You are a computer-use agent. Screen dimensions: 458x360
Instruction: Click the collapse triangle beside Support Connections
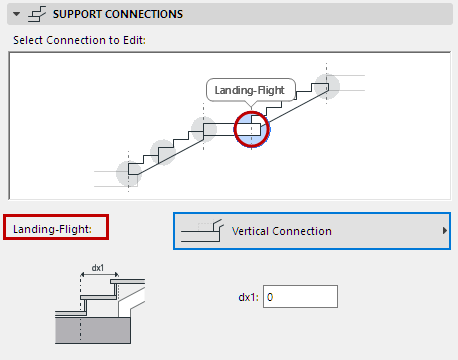click(16, 14)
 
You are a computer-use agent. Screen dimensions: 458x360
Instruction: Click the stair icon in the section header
click(37, 14)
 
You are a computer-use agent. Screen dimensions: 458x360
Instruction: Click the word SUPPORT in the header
click(77, 14)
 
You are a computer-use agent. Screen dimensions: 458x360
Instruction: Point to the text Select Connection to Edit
click(79, 40)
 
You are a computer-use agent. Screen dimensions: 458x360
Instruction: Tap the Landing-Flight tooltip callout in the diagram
click(251, 90)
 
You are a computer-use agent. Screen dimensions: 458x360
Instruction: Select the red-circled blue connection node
click(252, 129)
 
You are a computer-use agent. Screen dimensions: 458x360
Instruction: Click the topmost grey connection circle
click(327, 87)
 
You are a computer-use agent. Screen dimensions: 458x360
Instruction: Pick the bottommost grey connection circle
click(129, 173)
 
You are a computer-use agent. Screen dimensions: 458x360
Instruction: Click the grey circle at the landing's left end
click(204, 129)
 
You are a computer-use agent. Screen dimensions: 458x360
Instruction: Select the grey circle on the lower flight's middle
click(163, 152)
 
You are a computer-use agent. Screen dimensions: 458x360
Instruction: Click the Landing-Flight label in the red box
click(52, 229)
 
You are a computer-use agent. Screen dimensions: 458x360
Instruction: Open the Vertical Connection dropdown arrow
click(444, 231)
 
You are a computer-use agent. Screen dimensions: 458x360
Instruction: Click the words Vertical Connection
click(282, 231)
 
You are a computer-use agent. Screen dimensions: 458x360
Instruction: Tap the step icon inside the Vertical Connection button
click(202, 230)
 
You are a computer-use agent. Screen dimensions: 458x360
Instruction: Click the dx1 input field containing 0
click(300, 296)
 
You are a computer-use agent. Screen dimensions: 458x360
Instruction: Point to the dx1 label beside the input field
click(248, 297)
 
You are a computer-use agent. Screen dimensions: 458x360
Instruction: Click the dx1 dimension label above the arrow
click(98, 268)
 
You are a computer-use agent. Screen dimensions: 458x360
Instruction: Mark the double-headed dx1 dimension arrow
click(99, 275)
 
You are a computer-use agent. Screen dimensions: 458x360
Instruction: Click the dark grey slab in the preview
click(93, 330)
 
